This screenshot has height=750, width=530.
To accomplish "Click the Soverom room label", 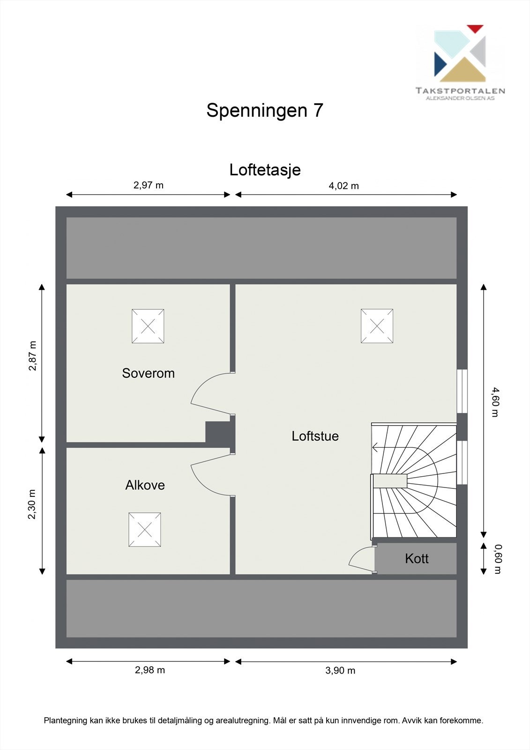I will tap(148, 373).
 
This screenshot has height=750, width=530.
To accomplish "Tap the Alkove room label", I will tap(145, 485).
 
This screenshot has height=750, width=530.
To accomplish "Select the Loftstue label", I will tap(315, 436).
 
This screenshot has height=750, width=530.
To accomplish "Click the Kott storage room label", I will tap(417, 558).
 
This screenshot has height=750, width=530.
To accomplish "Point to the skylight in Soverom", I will tap(148, 326).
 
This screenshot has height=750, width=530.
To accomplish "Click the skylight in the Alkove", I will tap(145, 530).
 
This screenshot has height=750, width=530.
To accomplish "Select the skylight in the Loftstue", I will tap(377, 326).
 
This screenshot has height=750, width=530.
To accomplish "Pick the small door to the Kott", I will tap(361, 558).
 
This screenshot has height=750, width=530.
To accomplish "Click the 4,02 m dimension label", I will tap(343, 186).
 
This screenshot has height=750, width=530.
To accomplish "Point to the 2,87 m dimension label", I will tap(32, 355).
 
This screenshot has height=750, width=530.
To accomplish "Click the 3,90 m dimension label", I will tap(340, 670).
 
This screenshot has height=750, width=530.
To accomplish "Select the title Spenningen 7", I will tap(265, 110).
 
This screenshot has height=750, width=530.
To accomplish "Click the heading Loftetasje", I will tap(265, 170).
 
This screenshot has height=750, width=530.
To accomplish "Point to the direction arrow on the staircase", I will tap(376, 448).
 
